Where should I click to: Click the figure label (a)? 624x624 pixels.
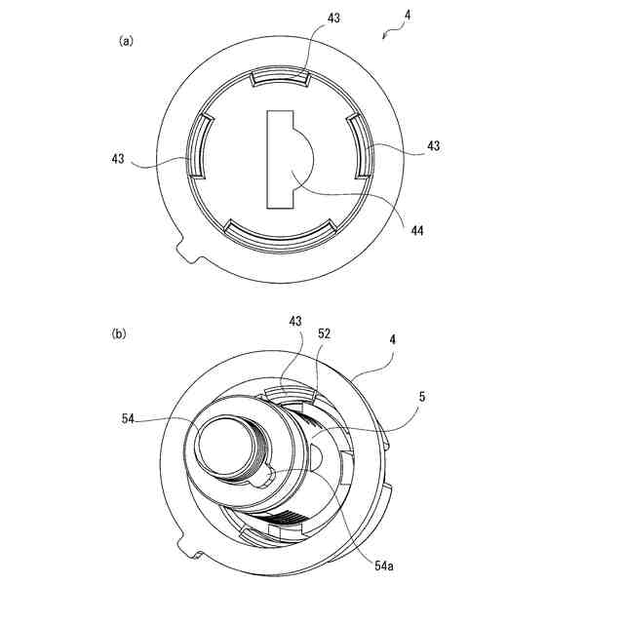tap(126, 41)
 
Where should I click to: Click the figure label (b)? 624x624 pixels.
tap(119, 333)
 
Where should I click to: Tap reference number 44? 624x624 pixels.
tap(416, 230)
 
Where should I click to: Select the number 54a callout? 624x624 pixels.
tap(383, 565)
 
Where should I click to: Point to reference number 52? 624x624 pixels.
tap(324, 333)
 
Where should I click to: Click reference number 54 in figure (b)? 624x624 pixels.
tap(128, 418)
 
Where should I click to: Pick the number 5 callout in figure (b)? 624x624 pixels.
tap(422, 397)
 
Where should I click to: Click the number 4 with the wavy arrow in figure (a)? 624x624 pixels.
tap(408, 16)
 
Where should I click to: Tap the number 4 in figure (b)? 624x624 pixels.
tap(393, 339)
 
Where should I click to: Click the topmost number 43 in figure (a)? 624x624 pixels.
tap(333, 18)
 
